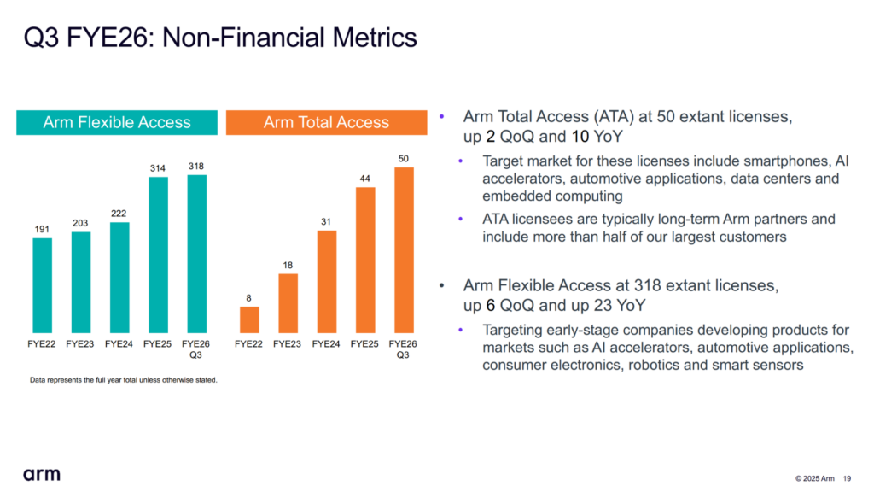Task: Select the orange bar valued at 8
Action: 249,319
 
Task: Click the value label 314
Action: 159,169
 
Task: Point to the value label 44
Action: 365,179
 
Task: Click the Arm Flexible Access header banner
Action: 117,122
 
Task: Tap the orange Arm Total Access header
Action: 326,122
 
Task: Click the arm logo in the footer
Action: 41,474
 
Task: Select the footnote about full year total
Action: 124,380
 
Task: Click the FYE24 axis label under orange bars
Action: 326,344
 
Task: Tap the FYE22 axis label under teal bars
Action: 43,344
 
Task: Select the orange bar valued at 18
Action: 288,303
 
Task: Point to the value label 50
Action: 404,159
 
